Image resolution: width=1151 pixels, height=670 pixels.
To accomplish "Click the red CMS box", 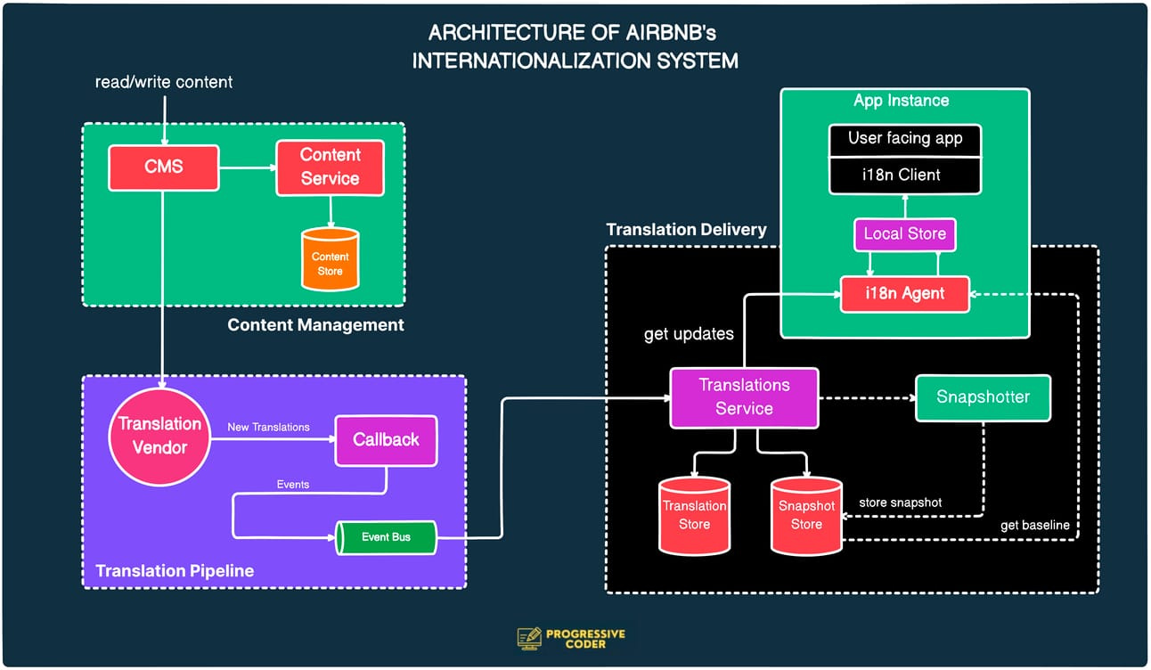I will pyautogui.click(x=164, y=167).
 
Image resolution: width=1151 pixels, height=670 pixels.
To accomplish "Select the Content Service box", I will pyautogui.click(x=330, y=167).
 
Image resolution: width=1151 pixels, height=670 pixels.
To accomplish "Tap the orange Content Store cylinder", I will pyautogui.click(x=330, y=259).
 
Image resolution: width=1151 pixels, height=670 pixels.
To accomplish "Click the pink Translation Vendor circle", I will pyautogui.click(x=160, y=436).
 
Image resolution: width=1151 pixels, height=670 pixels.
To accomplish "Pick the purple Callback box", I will pyautogui.click(x=386, y=440).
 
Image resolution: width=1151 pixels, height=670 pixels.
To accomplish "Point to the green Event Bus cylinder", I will pyautogui.click(x=386, y=537).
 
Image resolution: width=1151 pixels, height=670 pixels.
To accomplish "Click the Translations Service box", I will pyautogui.click(x=744, y=397).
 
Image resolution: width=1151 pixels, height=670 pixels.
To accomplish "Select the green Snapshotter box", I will pyautogui.click(x=983, y=397).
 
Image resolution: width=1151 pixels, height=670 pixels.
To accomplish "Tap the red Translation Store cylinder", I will pyautogui.click(x=694, y=515).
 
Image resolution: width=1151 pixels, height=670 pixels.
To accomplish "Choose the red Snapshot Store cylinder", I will pyautogui.click(x=806, y=516).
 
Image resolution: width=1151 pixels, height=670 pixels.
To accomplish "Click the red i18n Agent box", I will pyautogui.click(x=904, y=293).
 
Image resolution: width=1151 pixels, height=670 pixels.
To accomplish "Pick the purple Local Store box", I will pyautogui.click(x=904, y=234).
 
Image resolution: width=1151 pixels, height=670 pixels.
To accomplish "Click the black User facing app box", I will pyautogui.click(x=904, y=139).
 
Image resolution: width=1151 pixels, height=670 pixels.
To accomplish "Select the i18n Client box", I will pyautogui.click(x=904, y=176).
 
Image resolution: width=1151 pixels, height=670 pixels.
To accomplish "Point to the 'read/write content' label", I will pyautogui.click(x=164, y=82).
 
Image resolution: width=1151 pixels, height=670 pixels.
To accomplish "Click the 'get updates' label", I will pyautogui.click(x=689, y=334).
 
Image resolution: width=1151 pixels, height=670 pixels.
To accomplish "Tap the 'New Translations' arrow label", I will pyautogui.click(x=268, y=428).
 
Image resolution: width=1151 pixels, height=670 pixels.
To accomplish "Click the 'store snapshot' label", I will pyautogui.click(x=900, y=502).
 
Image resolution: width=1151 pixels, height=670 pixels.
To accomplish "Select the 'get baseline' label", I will pyautogui.click(x=1034, y=525).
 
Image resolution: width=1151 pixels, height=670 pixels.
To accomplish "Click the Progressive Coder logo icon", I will pyautogui.click(x=529, y=638).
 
